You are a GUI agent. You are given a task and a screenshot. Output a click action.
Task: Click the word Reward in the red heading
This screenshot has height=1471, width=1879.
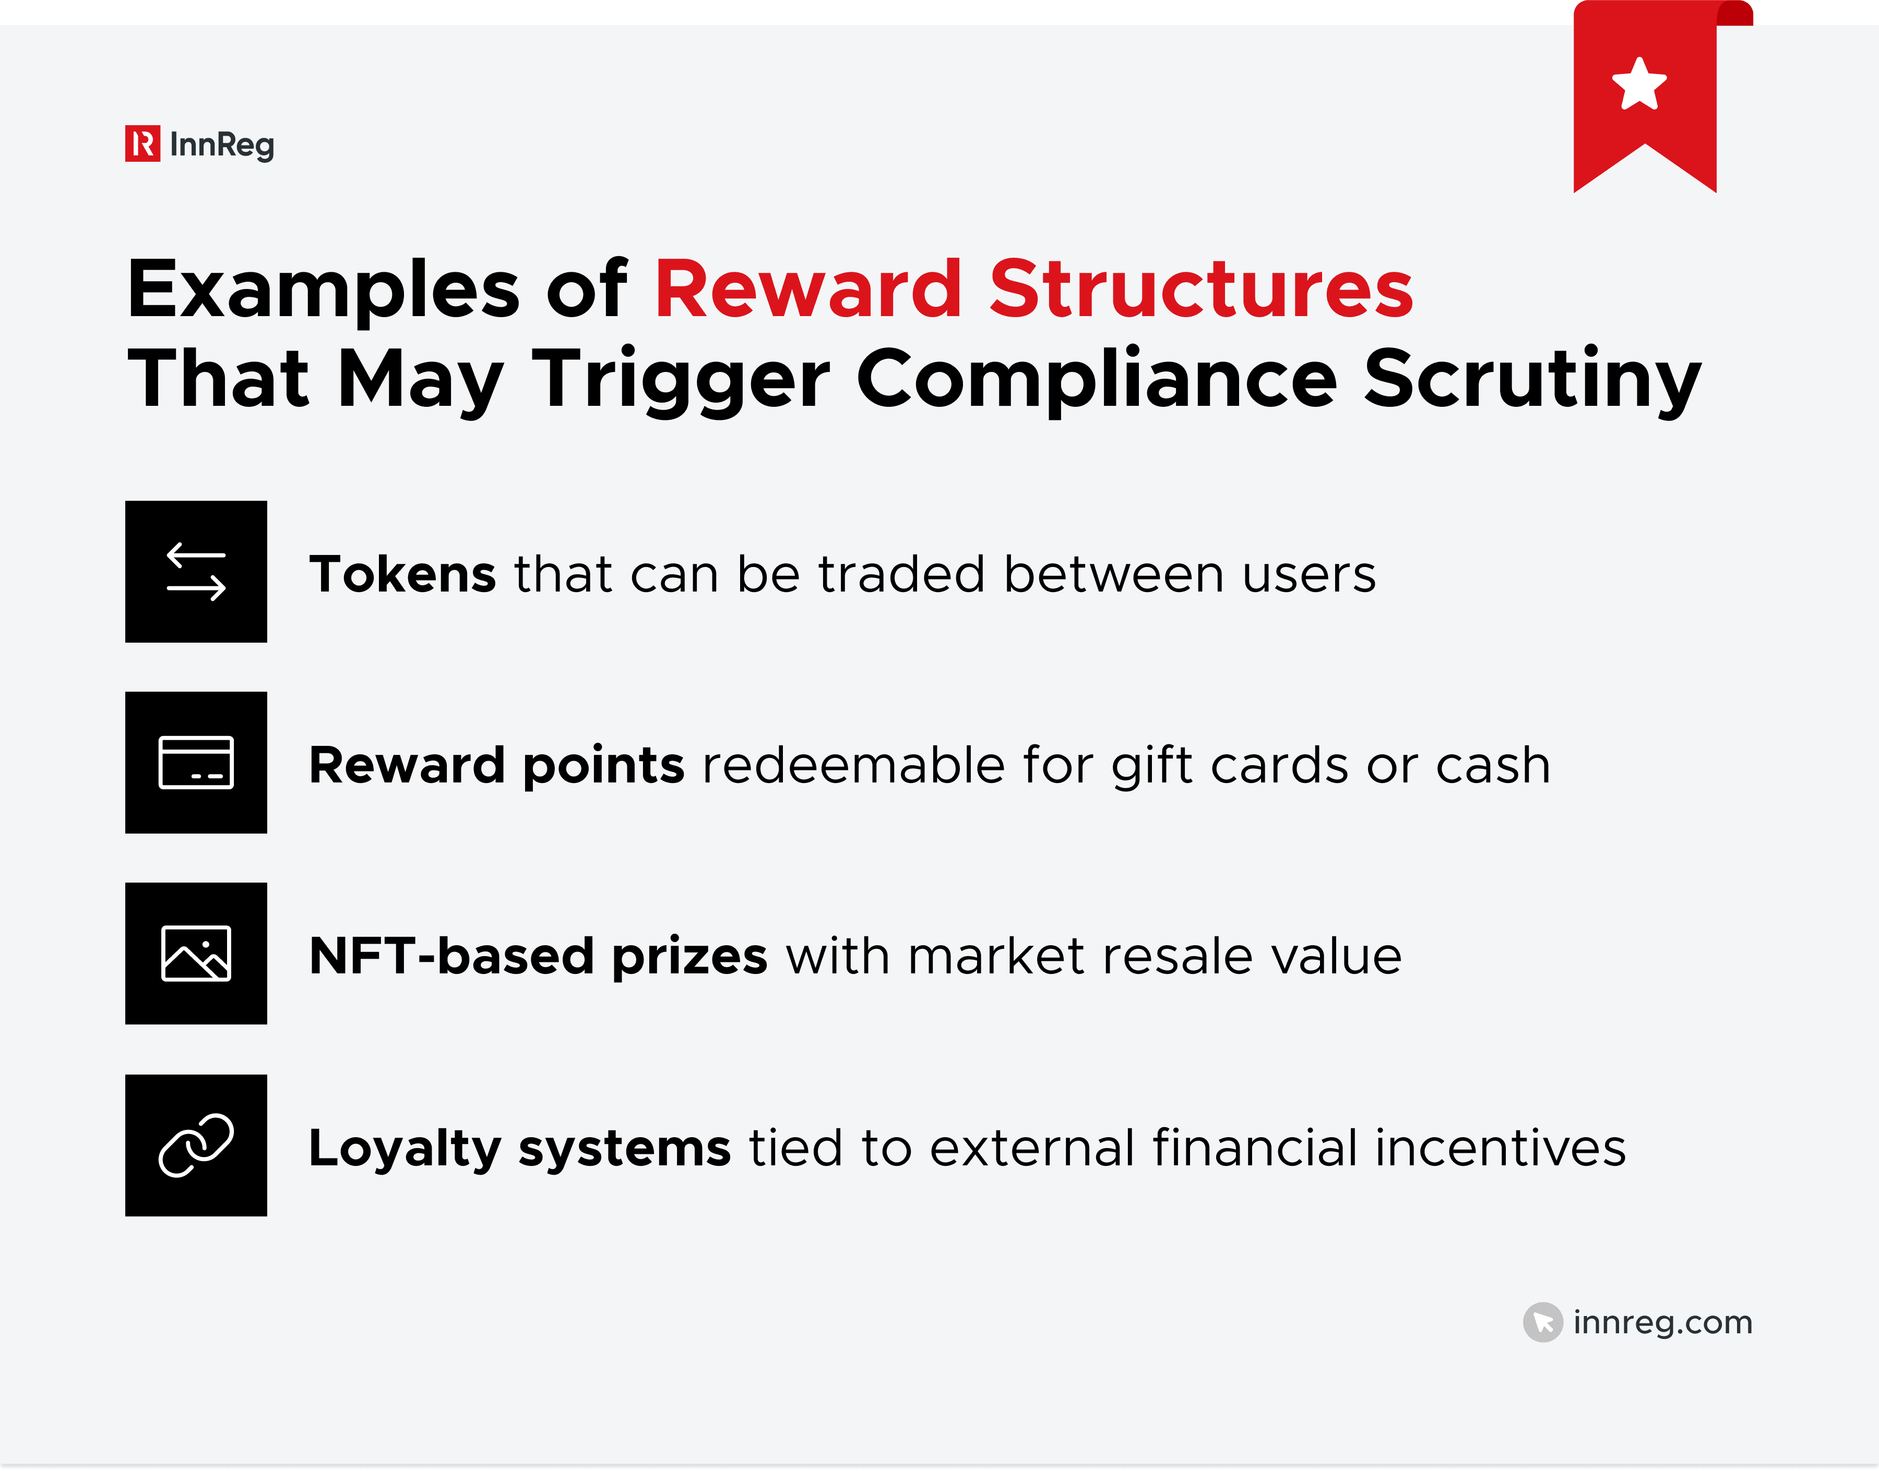click(807, 290)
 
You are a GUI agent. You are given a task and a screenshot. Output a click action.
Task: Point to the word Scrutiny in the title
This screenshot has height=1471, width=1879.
click(1532, 380)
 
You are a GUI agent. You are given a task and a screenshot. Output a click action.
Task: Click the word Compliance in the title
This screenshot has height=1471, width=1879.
click(1096, 380)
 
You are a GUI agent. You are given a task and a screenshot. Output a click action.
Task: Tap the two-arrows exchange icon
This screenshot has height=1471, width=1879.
click(196, 572)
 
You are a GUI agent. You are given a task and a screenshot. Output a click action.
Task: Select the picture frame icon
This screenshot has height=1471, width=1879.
click(196, 954)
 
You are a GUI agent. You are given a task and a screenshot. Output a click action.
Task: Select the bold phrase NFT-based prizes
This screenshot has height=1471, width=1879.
click(538, 956)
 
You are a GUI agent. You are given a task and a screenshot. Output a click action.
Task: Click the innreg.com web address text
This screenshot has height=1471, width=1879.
click(1662, 1322)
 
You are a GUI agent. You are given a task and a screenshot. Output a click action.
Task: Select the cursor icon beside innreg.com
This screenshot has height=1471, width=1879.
click(1542, 1322)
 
